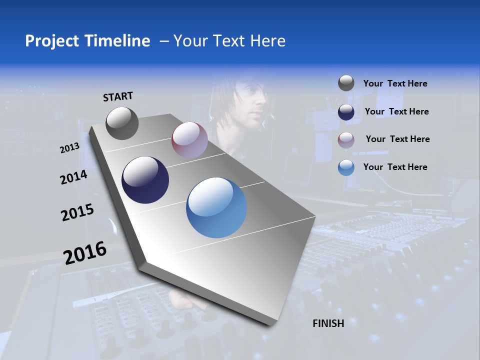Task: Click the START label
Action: pyautogui.click(x=118, y=96)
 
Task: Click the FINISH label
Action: pyautogui.click(x=328, y=323)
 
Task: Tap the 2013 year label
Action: pyautogui.click(x=70, y=148)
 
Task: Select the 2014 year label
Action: pyautogui.click(x=74, y=177)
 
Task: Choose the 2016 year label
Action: pyautogui.click(x=85, y=253)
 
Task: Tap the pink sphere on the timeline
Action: pyautogui.click(x=189, y=140)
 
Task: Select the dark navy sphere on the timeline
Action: pyautogui.click(x=145, y=180)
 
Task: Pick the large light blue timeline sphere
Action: pyautogui.click(x=216, y=207)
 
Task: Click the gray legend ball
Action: pyautogui.click(x=346, y=83)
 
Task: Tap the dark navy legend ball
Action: pyautogui.click(x=346, y=111)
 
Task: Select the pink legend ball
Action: pyautogui.click(x=346, y=139)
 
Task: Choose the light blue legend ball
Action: pyautogui.click(x=346, y=167)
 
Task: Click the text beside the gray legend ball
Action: pyautogui.click(x=395, y=84)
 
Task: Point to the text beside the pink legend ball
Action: pyautogui.click(x=397, y=139)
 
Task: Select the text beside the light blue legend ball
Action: pyautogui.click(x=395, y=167)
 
